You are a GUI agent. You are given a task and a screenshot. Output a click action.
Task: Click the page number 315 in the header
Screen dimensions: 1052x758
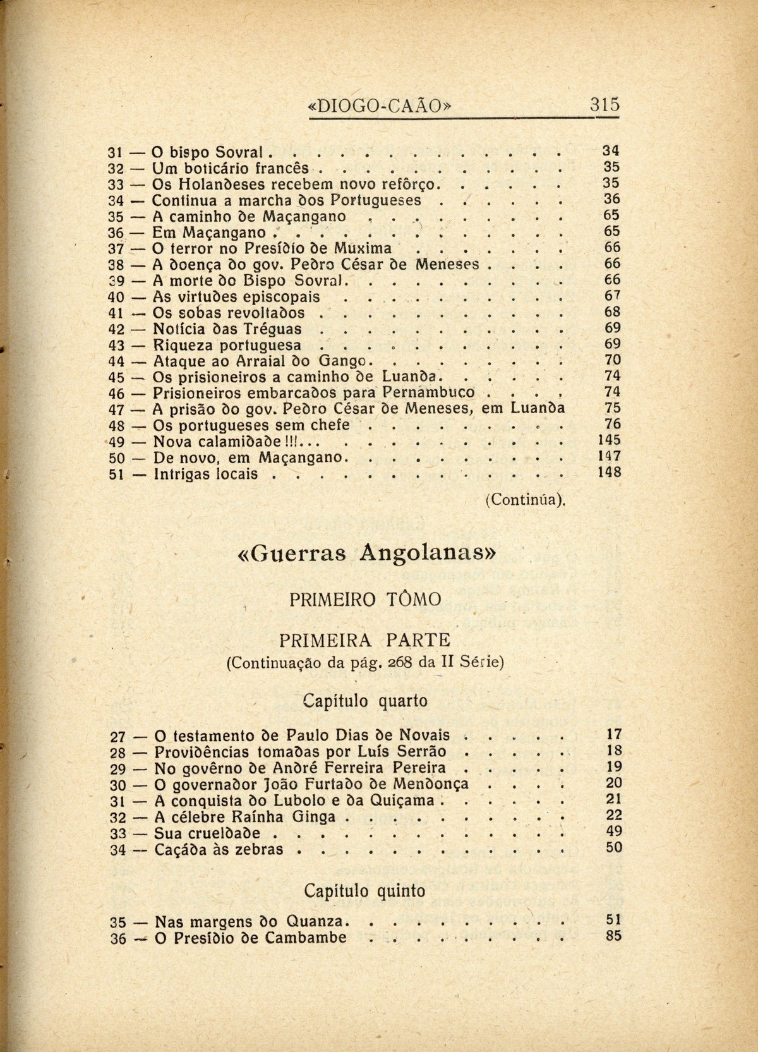click(605, 104)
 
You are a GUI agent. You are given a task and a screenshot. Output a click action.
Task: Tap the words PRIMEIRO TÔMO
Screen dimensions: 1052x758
click(365, 598)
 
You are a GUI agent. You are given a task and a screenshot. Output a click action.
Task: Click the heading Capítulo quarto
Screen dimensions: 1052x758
click(365, 701)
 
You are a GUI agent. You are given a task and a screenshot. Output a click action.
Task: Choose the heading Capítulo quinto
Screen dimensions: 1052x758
click(364, 891)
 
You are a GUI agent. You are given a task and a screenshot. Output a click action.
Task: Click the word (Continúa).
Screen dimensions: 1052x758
click(525, 499)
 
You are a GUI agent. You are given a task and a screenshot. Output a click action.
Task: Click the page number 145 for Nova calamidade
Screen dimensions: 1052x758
click(610, 440)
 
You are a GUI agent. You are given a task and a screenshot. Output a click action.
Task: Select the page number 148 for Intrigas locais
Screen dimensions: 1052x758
click(610, 472)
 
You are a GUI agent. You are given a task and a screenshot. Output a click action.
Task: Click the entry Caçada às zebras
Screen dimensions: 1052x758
click(219, 849)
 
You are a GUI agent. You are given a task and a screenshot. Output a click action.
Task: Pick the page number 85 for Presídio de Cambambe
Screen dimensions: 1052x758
click(613, 936)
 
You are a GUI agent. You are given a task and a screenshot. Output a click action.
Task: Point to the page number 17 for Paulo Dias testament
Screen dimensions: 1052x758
click(614, 734)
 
